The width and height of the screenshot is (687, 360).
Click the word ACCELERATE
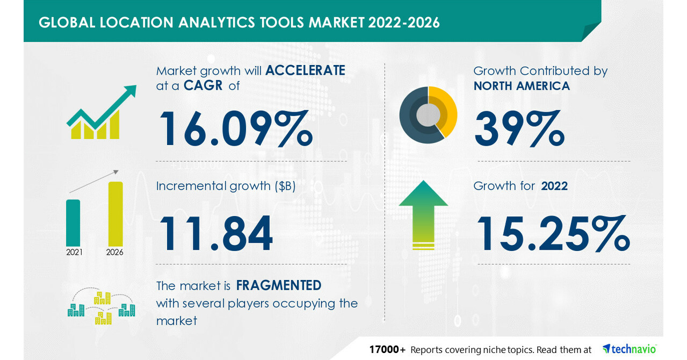click(x=305, y=70)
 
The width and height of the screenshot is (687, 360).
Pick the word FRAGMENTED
click(x=279, y=285)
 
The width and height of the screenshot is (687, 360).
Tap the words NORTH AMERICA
click(x=522, y=85)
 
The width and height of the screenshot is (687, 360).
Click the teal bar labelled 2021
click(x=73, y=222)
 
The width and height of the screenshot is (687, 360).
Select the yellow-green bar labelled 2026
click(x=115, y=214)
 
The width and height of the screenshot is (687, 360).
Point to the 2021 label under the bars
click(x=74, y=252)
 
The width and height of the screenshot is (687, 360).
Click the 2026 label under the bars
click(x=115, y=252)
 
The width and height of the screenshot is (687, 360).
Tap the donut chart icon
click(x=428, y=114)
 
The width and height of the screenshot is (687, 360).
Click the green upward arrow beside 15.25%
click(x=423, y=214)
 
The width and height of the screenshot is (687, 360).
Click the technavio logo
click(x=629, y=349)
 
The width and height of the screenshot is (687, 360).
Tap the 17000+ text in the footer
click(x=387, y=349)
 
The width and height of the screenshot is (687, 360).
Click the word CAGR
click(x=204, y=85)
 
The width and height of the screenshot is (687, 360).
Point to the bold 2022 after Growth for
click(x=554, y=186)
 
